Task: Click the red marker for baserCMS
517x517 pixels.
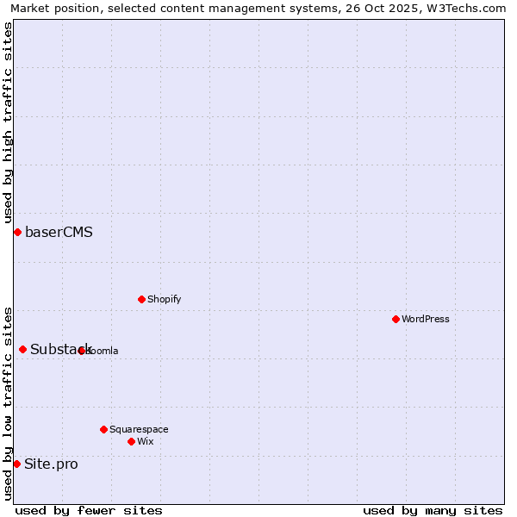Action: point(17,232)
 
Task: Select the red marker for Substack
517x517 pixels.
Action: point(23,349)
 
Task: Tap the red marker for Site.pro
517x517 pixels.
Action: point(16,464)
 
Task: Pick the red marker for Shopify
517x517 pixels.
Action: point(141,299)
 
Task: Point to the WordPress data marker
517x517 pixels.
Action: point(396,319)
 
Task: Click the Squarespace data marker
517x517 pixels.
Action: point(103,429)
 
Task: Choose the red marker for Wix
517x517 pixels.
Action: point(131,441)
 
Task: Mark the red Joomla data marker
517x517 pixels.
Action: point(82,351)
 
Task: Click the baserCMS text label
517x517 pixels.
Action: point(59,232)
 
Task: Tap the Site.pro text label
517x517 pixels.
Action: point(51,464)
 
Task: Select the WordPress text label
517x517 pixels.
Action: point(425,319)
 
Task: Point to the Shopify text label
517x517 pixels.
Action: point(164,299)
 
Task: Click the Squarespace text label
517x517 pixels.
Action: point(139,429)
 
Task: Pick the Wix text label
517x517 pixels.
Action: point(145,441)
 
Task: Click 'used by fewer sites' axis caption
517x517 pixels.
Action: point(89,510)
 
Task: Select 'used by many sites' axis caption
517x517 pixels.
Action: point(433,510)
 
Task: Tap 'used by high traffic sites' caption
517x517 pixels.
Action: point(8,122)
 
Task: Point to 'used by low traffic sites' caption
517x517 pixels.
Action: point(8,402)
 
